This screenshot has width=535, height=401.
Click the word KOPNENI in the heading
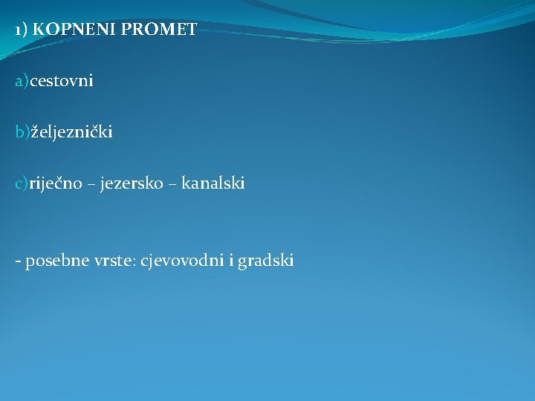[69, 30]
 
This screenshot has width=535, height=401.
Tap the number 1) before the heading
[22, 30]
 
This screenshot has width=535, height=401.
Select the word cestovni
[62, 82]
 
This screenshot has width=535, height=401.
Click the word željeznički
[71, 133]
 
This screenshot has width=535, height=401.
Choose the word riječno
[56, 183]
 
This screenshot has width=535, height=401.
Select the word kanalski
[213, 183]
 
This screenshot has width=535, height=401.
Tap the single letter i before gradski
[230, 261]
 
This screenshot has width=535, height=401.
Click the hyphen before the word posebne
[19, 261]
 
